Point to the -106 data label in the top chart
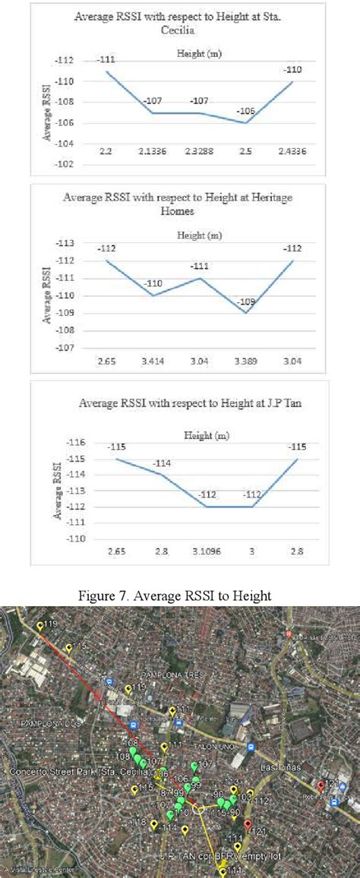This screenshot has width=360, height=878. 246,111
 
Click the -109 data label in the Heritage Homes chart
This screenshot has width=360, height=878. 247,302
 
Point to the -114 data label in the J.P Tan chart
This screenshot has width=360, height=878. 163,463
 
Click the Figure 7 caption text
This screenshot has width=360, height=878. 175,596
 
